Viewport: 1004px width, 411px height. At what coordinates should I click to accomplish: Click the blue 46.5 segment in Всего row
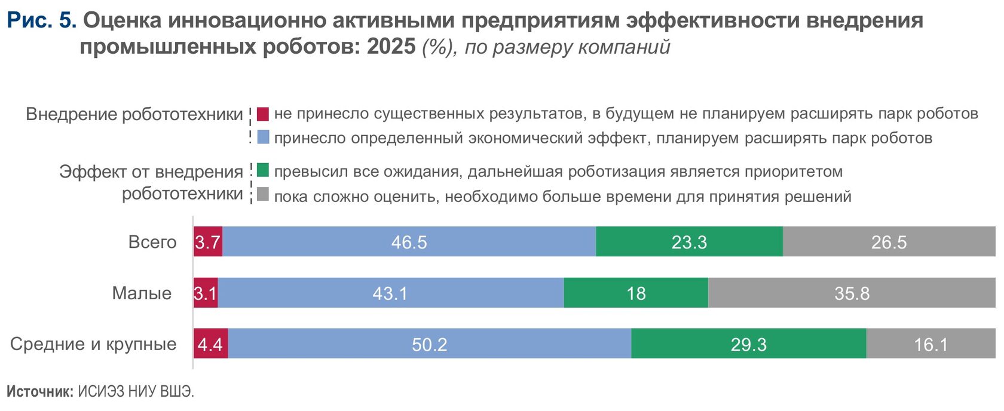click(409, 242)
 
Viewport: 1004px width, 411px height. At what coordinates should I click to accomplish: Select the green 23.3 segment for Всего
click(689, 242)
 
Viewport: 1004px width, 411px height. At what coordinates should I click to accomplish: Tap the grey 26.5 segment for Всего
click(889, 242)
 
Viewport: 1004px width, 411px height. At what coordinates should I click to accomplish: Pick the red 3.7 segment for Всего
click(208, 242)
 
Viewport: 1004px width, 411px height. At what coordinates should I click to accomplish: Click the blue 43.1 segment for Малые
click(390, 293)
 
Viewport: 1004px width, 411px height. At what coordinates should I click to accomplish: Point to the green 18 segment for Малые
click(636, 293)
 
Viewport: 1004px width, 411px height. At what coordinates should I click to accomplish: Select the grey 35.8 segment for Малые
click(852, 293)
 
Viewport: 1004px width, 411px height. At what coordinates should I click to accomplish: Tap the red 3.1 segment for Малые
click(206, 293)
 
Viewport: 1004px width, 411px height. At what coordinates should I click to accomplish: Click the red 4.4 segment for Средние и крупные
click(210, 344)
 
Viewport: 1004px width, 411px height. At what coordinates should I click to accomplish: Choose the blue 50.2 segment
click(429, 344)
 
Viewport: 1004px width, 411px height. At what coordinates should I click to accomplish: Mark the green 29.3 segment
click(748, 344)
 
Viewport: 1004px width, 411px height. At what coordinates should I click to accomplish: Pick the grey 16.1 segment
click(930, 344)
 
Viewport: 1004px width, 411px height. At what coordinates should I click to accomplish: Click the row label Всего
click(152, 242)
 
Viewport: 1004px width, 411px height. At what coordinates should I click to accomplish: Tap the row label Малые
click(142, 293)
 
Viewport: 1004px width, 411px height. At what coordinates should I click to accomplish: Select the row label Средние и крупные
click(93, 344)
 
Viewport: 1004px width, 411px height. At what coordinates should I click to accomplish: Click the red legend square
click(263, 114)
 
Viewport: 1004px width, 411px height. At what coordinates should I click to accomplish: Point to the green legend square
click(263, 170)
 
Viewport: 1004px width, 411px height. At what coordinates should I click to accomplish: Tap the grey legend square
click(263, 195)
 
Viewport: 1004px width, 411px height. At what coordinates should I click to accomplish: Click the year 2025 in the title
click(391, 46)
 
